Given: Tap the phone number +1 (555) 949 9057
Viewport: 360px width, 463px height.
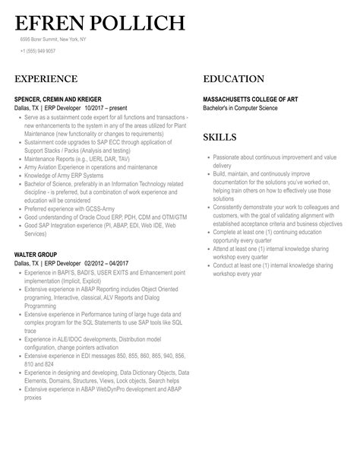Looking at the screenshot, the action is [38, 51].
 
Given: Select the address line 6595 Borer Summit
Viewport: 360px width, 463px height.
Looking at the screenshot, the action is [52, 40].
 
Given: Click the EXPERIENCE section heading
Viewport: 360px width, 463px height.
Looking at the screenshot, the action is [46, 79].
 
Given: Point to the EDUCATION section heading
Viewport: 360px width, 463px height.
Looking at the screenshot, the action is [234, 79].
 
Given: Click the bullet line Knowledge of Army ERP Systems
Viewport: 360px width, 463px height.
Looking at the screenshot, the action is [65, 176].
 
